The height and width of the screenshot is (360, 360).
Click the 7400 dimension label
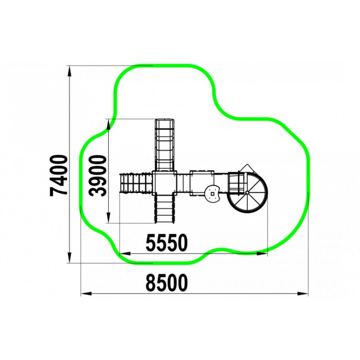point(59,176)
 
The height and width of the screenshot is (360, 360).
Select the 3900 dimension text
point(98,176)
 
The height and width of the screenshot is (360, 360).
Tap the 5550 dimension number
point(167,243)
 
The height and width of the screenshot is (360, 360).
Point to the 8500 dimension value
point(167,283)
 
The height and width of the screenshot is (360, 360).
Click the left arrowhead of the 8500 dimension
point(86,294)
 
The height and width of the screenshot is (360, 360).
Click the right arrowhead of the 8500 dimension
point(302,294)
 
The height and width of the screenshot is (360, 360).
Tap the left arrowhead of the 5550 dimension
point(125,254)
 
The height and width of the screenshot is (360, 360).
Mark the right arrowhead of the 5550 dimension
point(262,254)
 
